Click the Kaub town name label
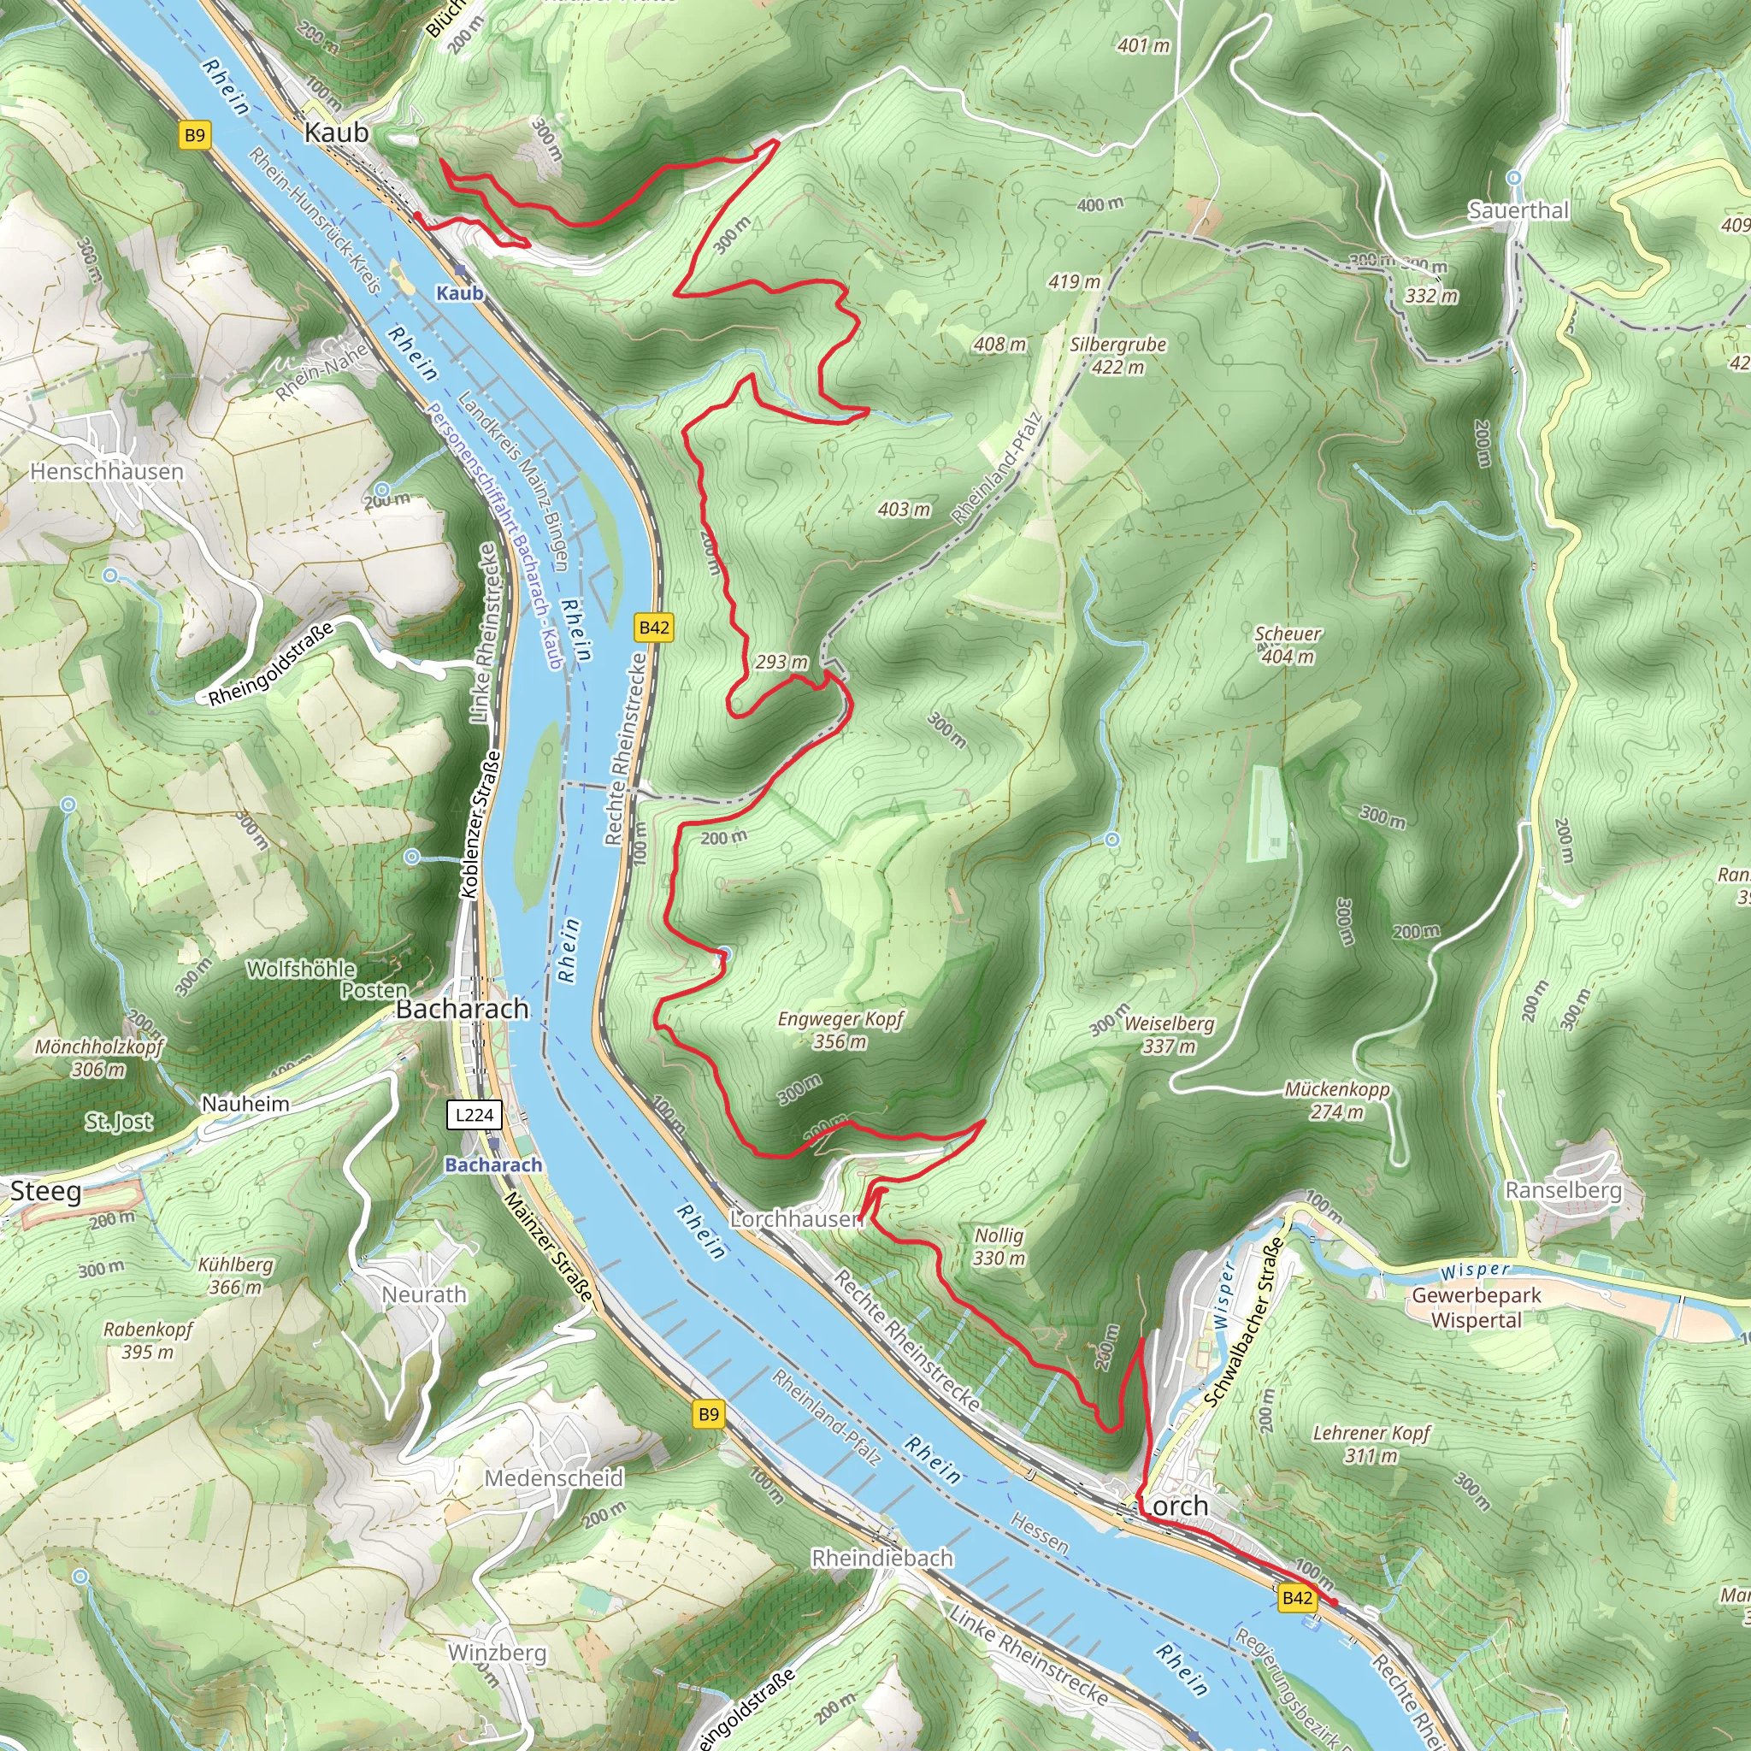pyautogui.click(x=336, y=133)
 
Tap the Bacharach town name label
pyautogui.click(x=463, y=1009)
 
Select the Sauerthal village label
pyautogui.click(x=1518, y=210)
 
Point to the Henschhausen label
pyautogui.click(x=107, y=471)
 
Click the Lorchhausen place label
pyautogui.click(x=797, y=1219)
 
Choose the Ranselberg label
pyautogui.click(x=1564, y=1190)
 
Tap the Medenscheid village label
pyautogui.click(x=554, y=1478)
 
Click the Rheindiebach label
pyautogui.click(x=881, y=1558)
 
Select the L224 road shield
pyautogui.click(x=474, y=1115)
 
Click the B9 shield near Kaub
pyautogui.click(x=195, y=136)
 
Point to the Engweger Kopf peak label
pyautogui.click(x=841, y=1030)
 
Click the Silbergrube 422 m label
pyautogui.click(x=1117, y=356)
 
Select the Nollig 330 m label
pyautogui.click(x=999, y=1247)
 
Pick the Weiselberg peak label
pyautogui.click(x=1169, y=1035)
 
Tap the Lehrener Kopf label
pyautogui.click(x=1371, y=1444)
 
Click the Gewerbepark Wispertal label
pyautogui.click(x=1477, y=1308)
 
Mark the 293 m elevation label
pyautogui.click(x=781, y=663)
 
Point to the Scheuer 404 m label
pyautogui.click(x=1288, y=645)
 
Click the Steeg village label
pyautogui.click(x=45, y=1191)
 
